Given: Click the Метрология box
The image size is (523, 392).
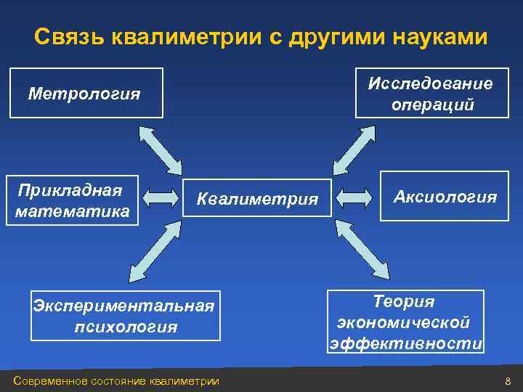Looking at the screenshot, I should click(x=86, y=93).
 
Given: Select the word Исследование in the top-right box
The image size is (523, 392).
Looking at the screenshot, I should click(x=430, y=83).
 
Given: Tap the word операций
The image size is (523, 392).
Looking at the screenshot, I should click(x=433, y=105).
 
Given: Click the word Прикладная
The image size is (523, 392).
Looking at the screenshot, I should click(x=70, y=191).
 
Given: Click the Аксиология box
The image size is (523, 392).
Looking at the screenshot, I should click(x=445, y=196).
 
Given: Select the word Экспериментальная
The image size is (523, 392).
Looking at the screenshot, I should click(x=124, y=305).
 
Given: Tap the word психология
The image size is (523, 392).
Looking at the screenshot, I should click(x=125, y=327).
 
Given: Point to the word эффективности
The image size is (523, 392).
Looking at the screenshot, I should click(x=405, y=343).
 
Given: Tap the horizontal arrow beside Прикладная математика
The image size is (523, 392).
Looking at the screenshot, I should click(x=161, y=197).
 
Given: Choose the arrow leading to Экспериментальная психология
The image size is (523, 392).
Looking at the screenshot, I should click(x=154, y=251).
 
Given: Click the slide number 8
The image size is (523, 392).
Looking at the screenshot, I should click(x=508, y=381).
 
